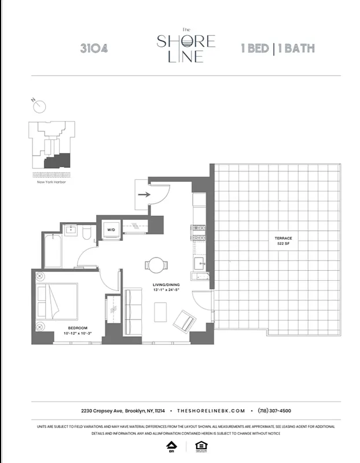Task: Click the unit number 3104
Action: [94, 48]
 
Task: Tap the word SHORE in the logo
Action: [186, 42]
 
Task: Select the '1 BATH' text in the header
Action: [297, 48]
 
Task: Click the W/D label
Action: [111, 230]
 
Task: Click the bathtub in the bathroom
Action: [53, 250]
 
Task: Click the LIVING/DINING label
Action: [165, 285]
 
